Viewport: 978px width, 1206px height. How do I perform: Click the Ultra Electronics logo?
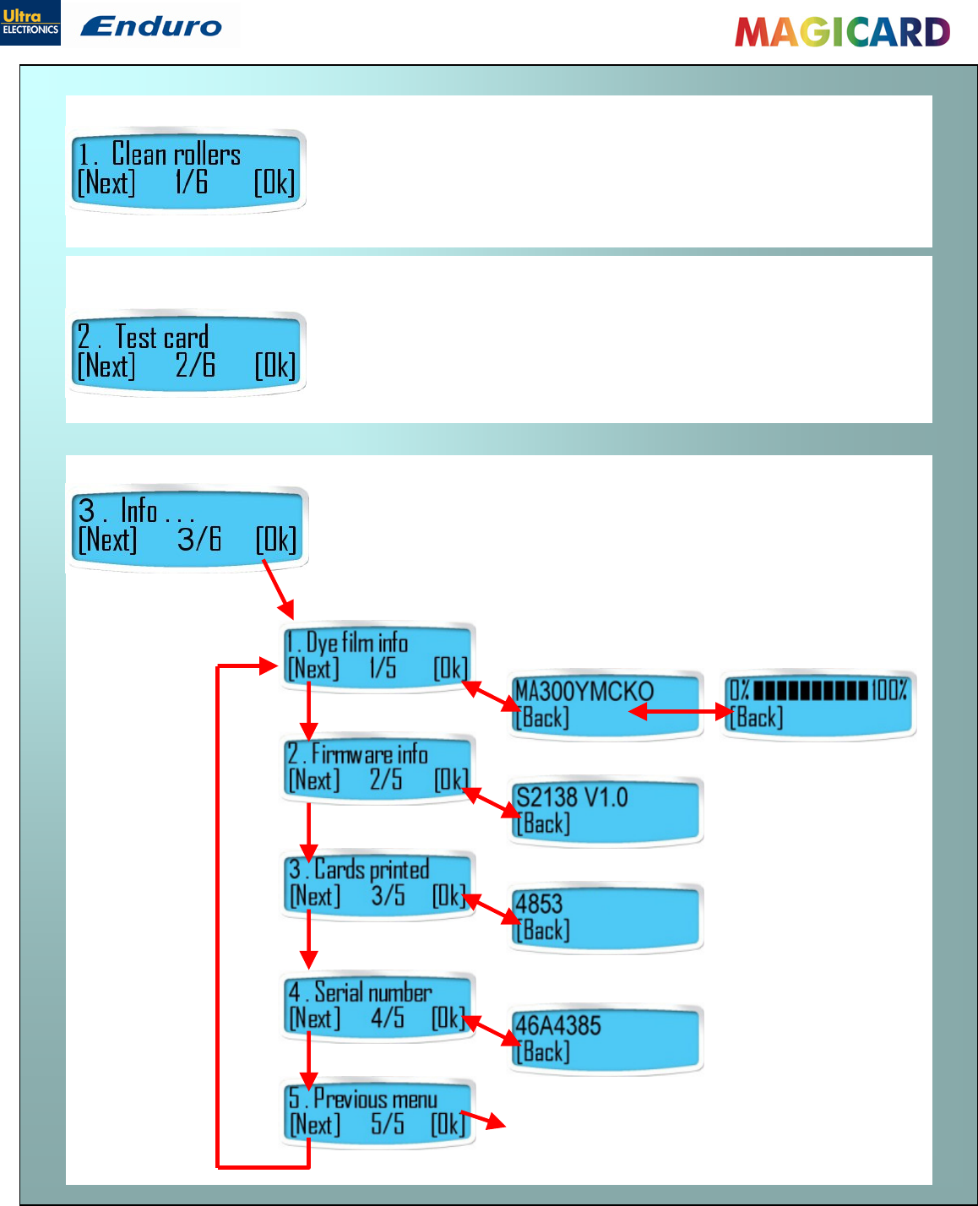coord(30,23)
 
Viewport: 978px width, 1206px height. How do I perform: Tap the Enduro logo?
coord(152,26)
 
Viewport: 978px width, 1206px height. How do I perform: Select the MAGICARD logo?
coord(842,32)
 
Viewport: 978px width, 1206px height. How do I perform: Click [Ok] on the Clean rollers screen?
coord(274,182)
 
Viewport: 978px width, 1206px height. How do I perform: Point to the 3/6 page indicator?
coord(199,539)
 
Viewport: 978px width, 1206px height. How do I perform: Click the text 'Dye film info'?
coord(357,643)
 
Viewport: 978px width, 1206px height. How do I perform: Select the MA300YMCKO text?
coord(584,692)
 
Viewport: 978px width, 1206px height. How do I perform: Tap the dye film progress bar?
coord(810,691)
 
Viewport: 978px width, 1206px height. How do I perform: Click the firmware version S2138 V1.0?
coord(572,797)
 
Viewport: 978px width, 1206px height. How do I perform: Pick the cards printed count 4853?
coord(539,904)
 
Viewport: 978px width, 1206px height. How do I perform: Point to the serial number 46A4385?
coord(558,1025)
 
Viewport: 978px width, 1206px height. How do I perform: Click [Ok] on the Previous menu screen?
coord(448,1125)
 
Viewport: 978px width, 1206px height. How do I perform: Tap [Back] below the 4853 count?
coord(543,931)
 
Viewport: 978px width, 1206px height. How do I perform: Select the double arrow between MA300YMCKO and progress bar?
coord(681,712)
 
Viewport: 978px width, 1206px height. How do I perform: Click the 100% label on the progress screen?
coord(890,690)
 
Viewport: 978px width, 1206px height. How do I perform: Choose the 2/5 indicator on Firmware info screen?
coord(386,780)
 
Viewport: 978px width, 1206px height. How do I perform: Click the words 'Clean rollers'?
coord(177,155)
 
